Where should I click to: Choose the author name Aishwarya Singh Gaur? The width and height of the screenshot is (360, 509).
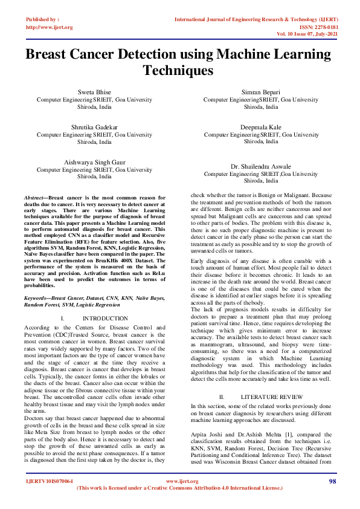click(x=95, y=163)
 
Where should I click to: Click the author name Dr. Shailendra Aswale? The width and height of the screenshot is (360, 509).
click(x=261, y=166)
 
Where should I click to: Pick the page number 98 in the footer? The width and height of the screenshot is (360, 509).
click(x=332, y=481)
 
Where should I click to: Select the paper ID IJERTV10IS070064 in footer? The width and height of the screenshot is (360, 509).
click(x=50, y=481)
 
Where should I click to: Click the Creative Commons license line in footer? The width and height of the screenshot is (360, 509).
click(x=179, y=488)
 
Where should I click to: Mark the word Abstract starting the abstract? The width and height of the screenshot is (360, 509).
click(x=34, y=198)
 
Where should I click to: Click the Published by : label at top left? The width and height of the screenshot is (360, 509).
click(x=43, y=19)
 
